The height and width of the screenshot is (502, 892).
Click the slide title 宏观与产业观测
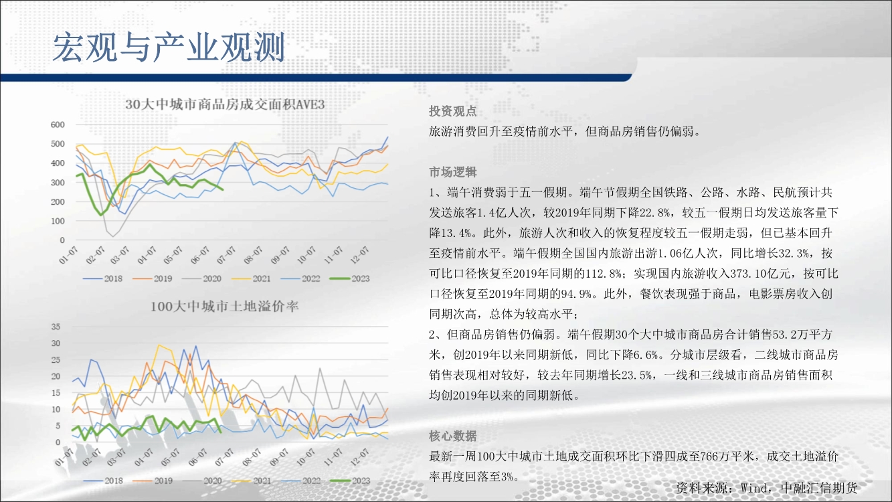[169, 48]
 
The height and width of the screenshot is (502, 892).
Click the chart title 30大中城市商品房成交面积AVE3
[225, 104]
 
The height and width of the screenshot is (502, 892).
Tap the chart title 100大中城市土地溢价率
[225, 307]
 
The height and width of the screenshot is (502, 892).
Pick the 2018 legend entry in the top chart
[103, 278]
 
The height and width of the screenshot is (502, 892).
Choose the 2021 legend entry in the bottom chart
[252, 481]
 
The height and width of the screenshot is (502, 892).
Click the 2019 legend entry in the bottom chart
[153, 481]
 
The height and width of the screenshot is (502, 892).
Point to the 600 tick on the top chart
[58, 124]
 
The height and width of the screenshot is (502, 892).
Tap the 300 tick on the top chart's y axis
[58, 183]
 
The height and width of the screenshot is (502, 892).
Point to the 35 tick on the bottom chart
[56, 327]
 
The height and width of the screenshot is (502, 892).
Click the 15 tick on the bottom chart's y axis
[56, 393]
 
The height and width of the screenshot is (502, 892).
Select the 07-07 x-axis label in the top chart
[227, 255]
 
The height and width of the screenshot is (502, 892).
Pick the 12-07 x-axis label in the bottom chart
[359, 457]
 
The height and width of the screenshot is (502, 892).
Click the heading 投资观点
[453, 111]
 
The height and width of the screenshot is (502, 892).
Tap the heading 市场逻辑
[453, 172]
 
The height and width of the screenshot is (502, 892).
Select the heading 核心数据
[453, 436]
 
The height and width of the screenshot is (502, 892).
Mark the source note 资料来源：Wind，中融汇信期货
[767, 488]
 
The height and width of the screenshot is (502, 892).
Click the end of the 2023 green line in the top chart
[222, 189]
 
